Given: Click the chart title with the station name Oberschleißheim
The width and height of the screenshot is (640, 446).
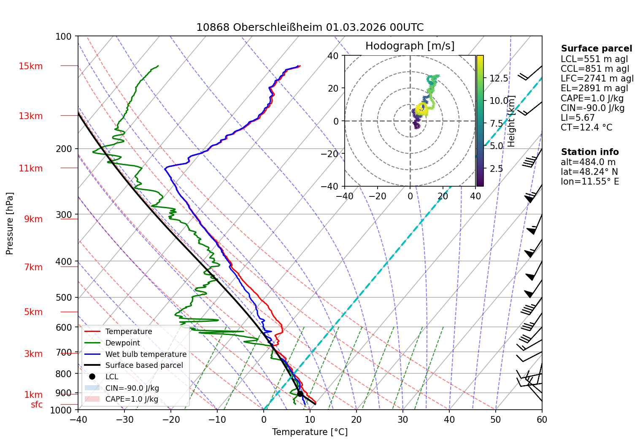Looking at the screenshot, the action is pyautogui.click(x=310, y=27).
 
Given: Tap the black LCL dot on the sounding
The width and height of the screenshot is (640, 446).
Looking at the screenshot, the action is pyautogui.click(x=300, y=394).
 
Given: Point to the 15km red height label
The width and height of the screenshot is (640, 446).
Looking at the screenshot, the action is pyautogui.click(x=30, y=66).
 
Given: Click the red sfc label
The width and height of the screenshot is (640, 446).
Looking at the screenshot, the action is pyautogui.click(x=37, y=405).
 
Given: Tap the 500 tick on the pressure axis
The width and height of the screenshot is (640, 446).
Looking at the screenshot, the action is pyautogui.click(x=64, y=297).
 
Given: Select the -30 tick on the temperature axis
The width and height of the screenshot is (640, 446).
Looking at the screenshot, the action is pyautogui.click(x=124, y=420).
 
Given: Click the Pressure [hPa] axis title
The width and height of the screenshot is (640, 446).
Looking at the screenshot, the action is pyautogui.click(x=9, y=223).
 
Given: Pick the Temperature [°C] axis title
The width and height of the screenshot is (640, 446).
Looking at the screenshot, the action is pyautogui.click(x=310, y=432).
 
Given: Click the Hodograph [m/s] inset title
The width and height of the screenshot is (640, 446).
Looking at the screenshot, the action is pyautogui.click(x=410, y=46).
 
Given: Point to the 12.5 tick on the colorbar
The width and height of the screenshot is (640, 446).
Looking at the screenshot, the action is pyautogui.click(x=499, y=78).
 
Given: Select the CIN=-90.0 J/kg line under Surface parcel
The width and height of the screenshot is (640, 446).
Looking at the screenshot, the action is pyautogui.click(x=593, y=108).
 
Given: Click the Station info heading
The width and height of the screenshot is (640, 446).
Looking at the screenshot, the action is pyautogui.click(x=590, y=152).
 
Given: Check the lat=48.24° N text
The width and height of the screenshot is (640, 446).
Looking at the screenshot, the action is pyautogui.click(x=589, y=171).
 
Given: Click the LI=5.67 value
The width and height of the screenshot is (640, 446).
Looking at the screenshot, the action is pyautogui.click(x=578, y=118).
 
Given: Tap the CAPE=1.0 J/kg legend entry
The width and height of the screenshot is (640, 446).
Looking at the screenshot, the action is pyautogui.click(x=132, y=399).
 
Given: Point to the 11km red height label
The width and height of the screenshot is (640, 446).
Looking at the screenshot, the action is pyautogui.click(x=30, y=169).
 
